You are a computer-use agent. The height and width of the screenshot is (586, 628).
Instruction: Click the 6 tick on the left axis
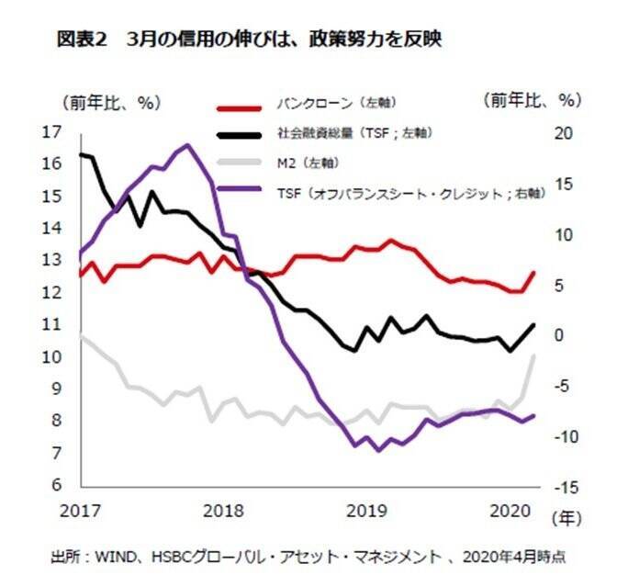pos(57,485)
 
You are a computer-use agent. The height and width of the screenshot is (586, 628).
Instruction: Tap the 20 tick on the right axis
pos(563,132)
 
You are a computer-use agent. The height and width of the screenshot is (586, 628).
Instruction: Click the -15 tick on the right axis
pos(563,485)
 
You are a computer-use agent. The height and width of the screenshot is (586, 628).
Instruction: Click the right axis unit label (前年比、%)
pos(532,100)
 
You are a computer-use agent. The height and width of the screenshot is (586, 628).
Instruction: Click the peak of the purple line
pos(187,145)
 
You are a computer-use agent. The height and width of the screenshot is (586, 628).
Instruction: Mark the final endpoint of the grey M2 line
pos(534,355)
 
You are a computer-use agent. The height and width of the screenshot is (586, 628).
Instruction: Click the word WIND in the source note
pos(108,557)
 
